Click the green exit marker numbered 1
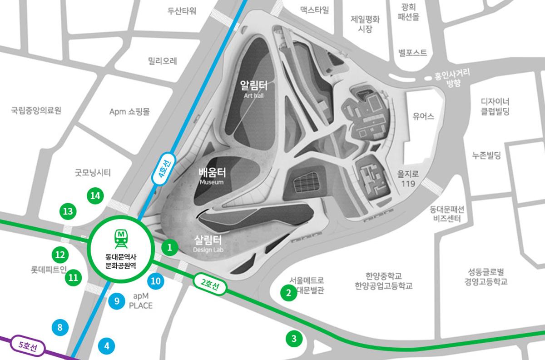[170, 248]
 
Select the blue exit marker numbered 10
[155, 281]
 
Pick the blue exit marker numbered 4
[107, 345]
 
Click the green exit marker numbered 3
[294, 338]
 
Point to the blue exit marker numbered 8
[60, 326]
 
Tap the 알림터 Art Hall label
[253, 88]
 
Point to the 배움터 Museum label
[213, 175]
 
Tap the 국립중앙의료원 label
[36, 110]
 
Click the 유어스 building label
[424, 116]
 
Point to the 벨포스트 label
[412, 52]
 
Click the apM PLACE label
[141, 300]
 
